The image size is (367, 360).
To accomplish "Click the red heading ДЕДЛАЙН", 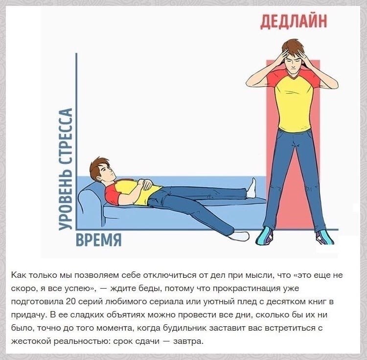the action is tap(294, 22).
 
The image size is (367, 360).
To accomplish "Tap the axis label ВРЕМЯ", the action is tap(98, 240).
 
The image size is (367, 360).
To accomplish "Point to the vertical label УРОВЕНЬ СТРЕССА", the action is tap(65, 169).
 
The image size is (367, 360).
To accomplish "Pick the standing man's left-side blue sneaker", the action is tap(264, 236).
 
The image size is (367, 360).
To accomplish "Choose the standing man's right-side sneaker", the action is tap(324, 237).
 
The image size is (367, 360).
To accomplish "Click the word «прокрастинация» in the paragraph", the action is tap(245, 288).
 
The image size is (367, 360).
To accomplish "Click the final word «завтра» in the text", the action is tap(188, 341).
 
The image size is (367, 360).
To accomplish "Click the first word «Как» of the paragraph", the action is tap(19, 275).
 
